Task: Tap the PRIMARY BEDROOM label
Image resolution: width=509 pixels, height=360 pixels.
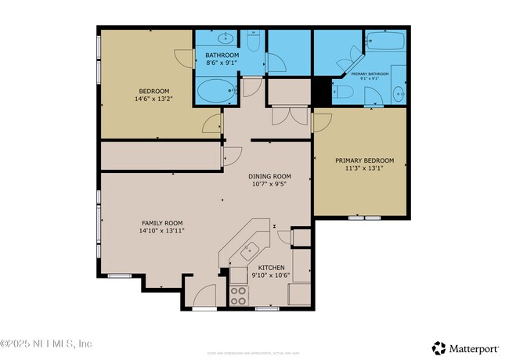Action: pos(359,160)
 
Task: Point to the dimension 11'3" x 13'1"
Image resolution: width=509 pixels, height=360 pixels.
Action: pos(359,169)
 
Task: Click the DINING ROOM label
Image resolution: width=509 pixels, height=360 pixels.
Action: pos(269,176)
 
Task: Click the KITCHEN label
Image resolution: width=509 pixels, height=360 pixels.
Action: pos(271,268)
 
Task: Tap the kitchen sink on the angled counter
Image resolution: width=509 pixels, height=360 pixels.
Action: pos(250,250)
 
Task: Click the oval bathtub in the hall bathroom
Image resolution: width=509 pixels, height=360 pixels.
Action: pos(212,91)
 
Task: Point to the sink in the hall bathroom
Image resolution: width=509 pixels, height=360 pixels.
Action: pos(224,38)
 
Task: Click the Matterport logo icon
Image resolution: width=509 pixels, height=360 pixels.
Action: pos(439,347)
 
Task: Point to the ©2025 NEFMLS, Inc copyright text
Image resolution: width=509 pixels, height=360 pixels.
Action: pos(47,344)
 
